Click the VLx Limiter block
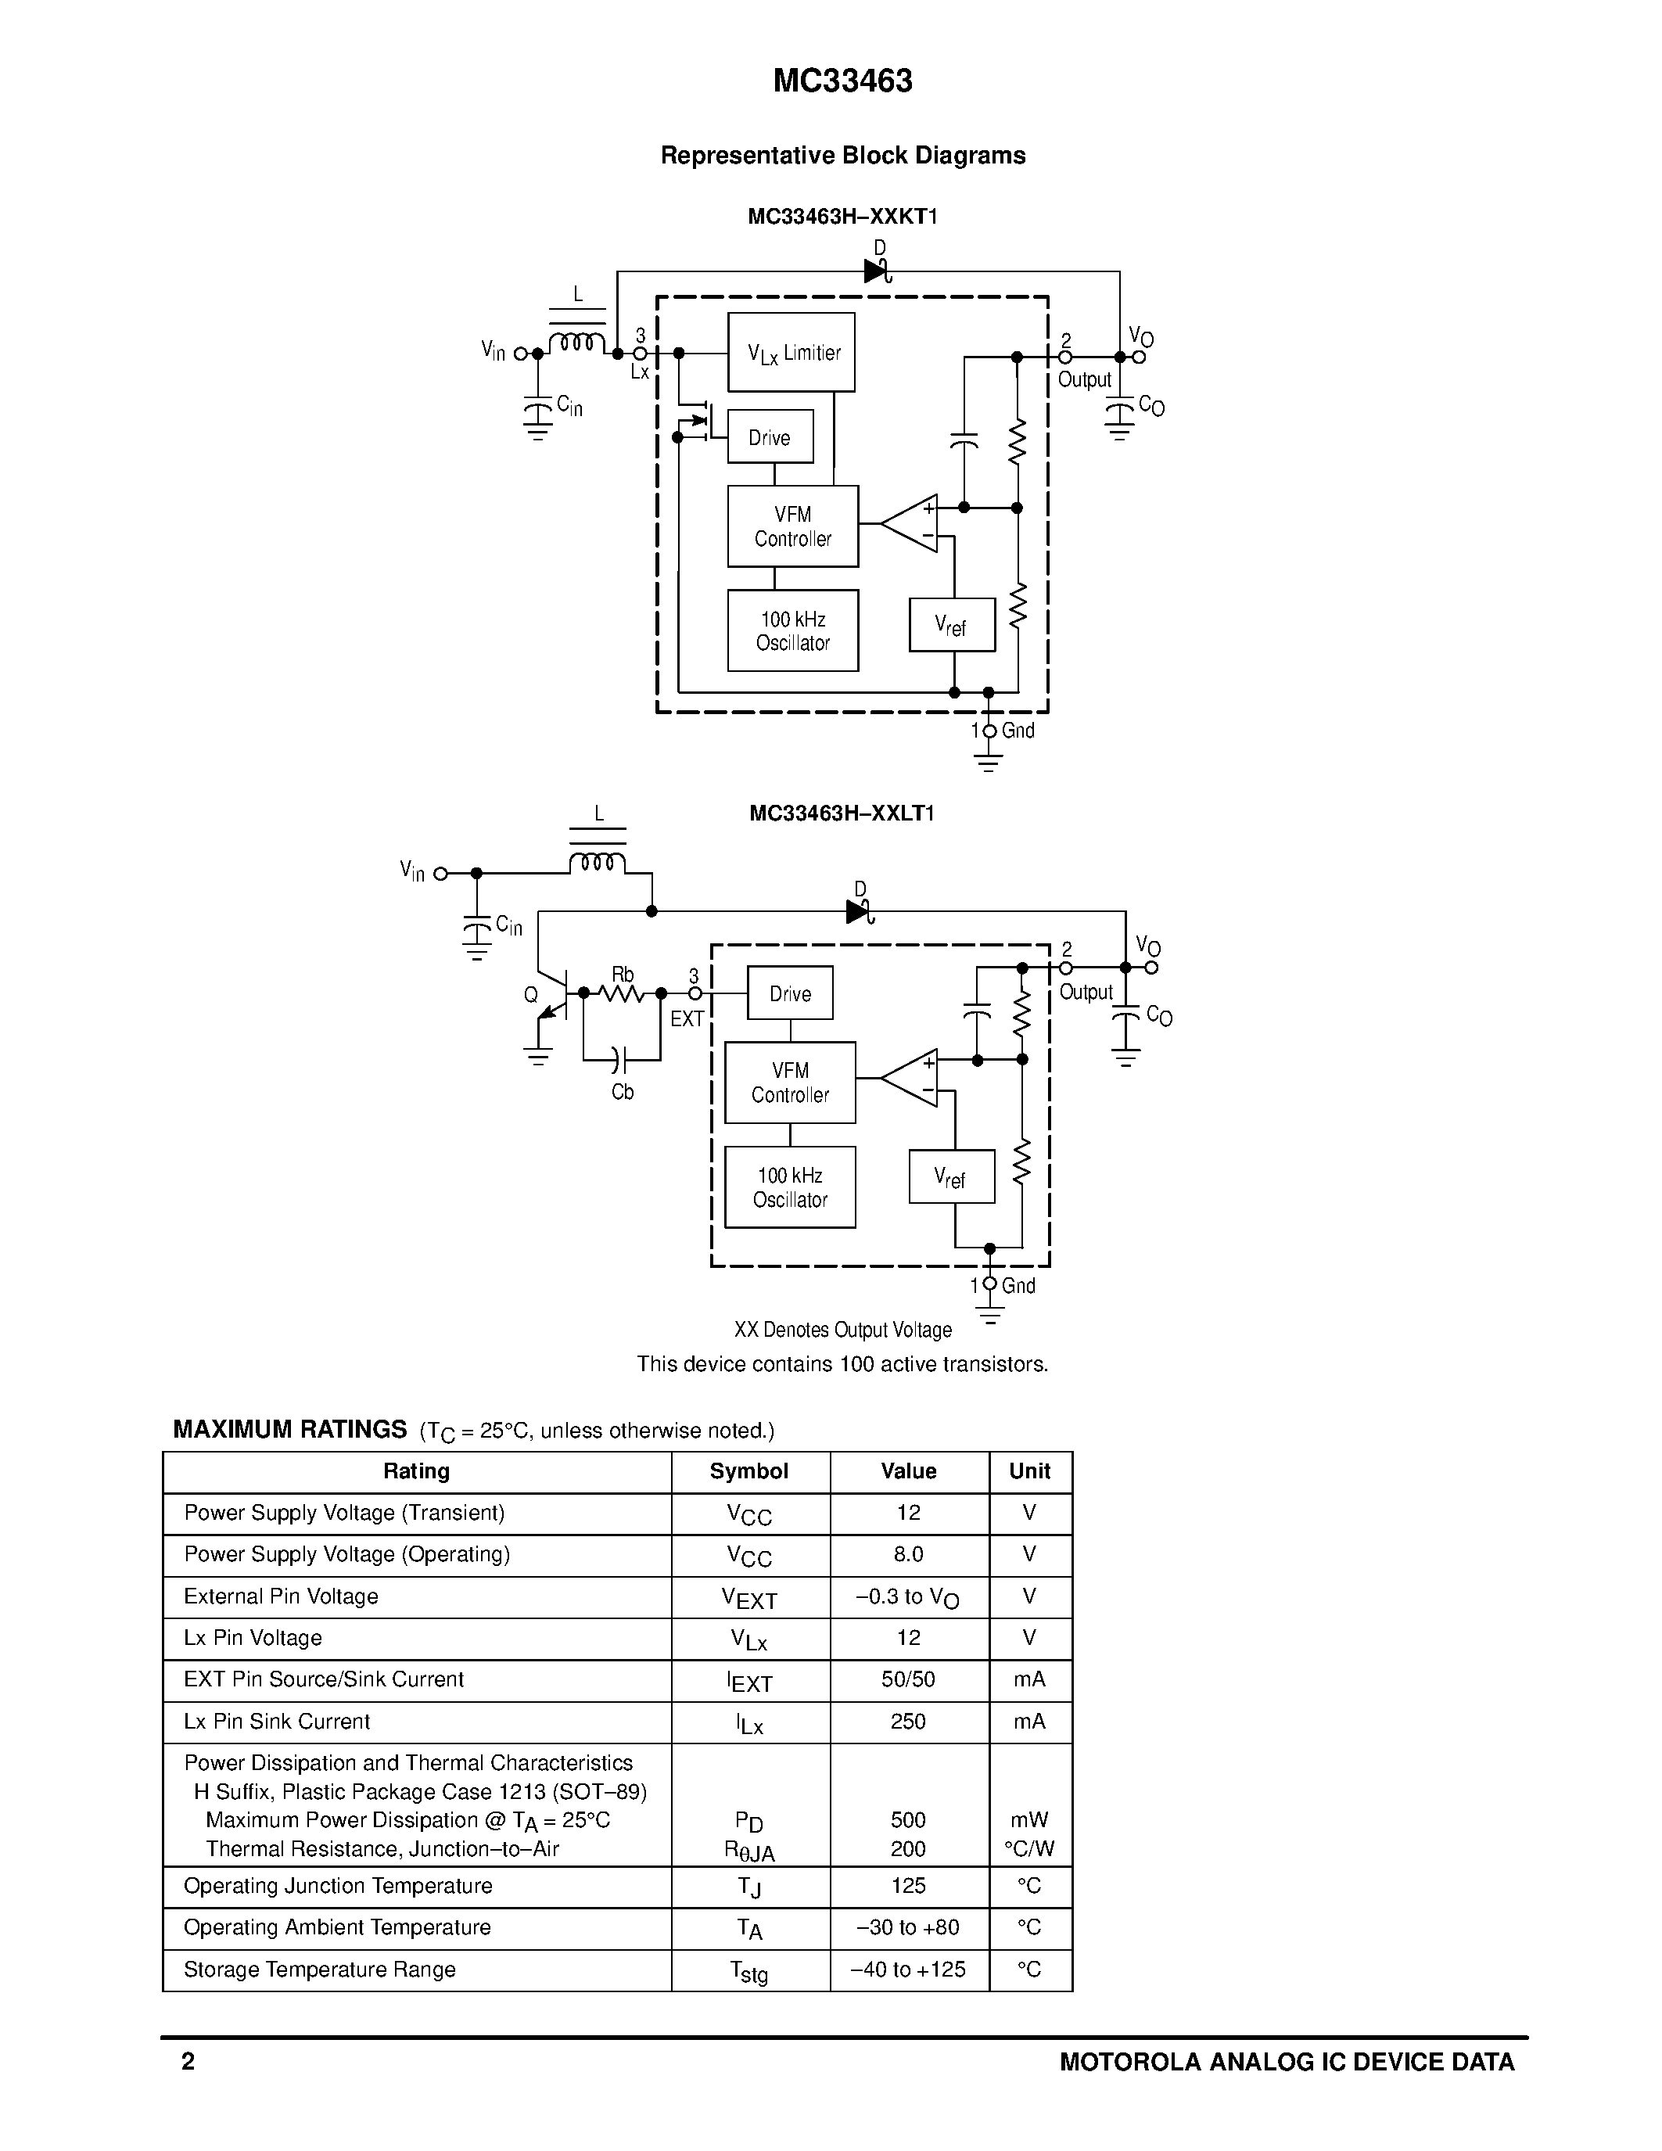(x=791, y=352)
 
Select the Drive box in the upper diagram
(x=770, y=436)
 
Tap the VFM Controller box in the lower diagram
(x=790, y=1082)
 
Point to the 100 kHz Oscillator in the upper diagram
(x=792, y=630)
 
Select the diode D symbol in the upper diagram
(x=876, y=271)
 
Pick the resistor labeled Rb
(x=623, y=993)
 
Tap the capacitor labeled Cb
(x=617, y=1061)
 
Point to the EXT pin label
(x=686, y=1018)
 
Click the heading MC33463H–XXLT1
(x=842, y=813)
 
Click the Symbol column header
(x=748, y=1471)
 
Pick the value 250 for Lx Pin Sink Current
(x=908, y=1722)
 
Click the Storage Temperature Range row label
(x=319, y=1969)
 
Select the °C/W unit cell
(x=1029, y=1848)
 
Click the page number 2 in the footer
(x=188, y=2061)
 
